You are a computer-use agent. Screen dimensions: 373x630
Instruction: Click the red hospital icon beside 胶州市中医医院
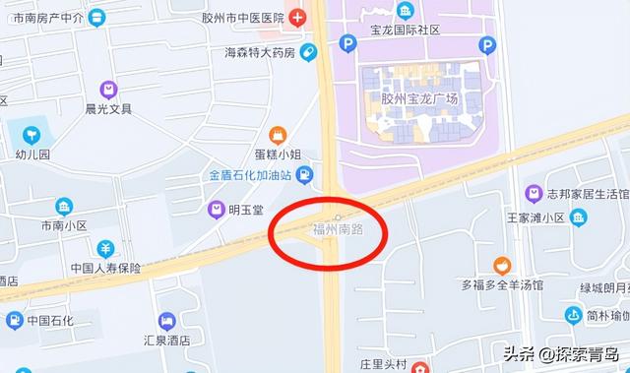click(296, 18)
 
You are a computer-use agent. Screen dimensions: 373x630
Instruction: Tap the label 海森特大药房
click(259, 52)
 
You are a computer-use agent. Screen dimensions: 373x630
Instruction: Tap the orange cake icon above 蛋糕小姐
click(278, 134)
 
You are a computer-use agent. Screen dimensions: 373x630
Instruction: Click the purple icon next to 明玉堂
click(214, 209)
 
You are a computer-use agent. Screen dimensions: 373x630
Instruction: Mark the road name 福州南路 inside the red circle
click(338, 229)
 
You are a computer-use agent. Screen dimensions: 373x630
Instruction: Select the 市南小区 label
click(64, 225)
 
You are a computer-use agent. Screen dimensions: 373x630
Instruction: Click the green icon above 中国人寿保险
click(105, 248)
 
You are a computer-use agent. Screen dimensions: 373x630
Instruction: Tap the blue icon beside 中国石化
click(14, 321)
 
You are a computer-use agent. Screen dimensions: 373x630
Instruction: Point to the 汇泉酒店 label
click(166, 340)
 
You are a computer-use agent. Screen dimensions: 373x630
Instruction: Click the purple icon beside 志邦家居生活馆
click(534, 193)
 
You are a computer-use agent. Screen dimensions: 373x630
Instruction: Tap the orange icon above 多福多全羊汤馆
click(502, 266)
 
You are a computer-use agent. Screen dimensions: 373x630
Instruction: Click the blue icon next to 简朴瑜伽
click(574, 315)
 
